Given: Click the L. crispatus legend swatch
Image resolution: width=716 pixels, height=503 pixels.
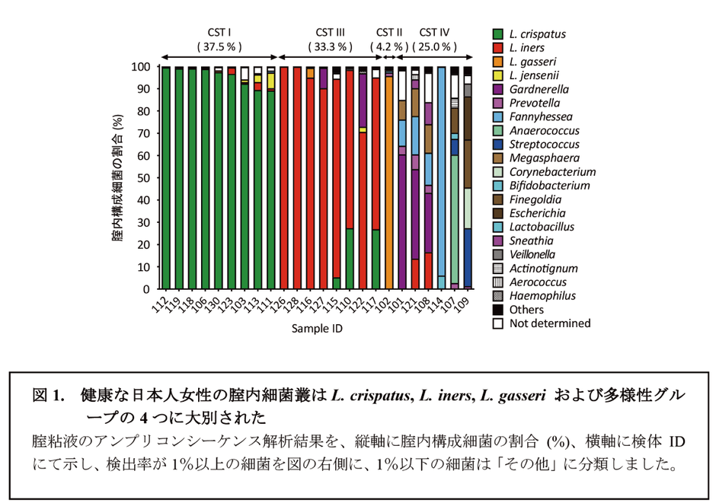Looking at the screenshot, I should point(497,34).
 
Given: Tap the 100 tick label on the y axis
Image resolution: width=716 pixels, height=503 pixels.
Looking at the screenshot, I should point(142,67).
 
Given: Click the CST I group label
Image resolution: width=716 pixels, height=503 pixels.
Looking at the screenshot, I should point(219,32).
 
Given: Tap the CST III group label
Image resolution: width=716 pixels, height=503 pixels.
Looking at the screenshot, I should point(331,32).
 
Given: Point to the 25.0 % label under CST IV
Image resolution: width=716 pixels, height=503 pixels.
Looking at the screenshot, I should point(434,46).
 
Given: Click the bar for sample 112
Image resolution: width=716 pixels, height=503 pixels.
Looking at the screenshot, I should point(166,178).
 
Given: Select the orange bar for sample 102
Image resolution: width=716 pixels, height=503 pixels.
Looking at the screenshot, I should point(388,183).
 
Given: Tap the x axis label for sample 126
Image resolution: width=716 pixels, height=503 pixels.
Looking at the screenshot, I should point(281,303).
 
